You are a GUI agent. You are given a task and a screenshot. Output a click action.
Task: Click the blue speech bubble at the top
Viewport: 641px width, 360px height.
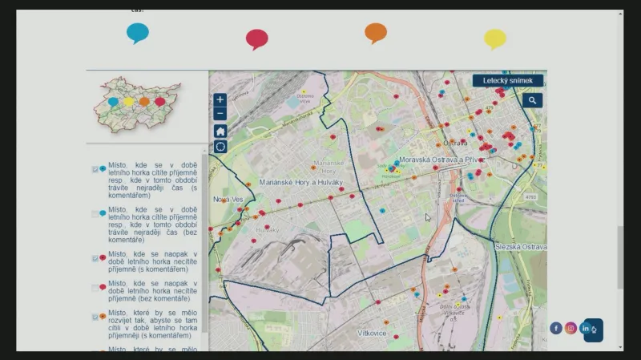138,32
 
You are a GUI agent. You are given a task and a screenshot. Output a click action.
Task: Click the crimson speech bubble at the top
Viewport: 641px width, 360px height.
256,38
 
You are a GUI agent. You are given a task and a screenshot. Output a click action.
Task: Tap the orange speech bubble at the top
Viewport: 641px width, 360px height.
376,32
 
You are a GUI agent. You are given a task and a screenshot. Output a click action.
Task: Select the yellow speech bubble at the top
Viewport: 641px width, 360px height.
495,38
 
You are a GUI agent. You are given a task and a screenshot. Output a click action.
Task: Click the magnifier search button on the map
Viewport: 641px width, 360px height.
532,100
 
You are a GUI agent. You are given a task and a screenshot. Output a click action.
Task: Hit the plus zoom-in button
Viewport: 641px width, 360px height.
220,100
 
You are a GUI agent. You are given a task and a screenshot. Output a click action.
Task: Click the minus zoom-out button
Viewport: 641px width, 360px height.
220,114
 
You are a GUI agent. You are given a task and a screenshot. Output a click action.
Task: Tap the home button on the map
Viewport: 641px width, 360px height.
220,131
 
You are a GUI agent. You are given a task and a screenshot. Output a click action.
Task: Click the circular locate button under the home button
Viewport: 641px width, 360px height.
220,147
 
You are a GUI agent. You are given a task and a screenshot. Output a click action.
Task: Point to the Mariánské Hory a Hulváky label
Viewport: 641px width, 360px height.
301,183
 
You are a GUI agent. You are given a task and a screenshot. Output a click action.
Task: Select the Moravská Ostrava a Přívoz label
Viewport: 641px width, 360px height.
442,160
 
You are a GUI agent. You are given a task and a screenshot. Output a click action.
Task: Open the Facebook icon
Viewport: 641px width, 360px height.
556,328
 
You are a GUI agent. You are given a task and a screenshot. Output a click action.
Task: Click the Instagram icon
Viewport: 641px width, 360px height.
571,328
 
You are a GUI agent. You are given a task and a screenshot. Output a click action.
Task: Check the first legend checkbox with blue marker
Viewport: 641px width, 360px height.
95,169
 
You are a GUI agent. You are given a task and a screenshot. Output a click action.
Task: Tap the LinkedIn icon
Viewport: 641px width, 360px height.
587,328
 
